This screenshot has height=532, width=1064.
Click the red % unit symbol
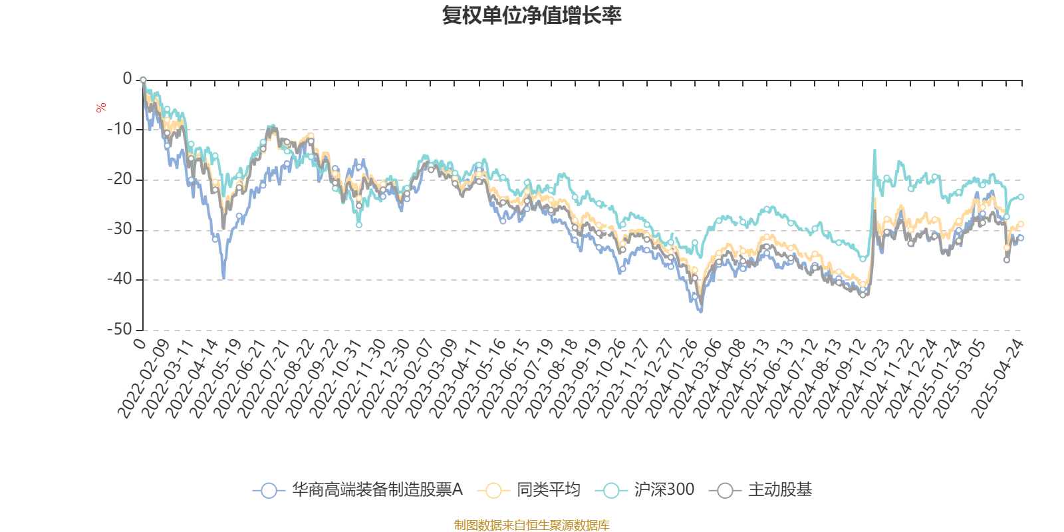101,108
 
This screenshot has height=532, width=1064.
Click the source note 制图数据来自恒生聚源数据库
531,525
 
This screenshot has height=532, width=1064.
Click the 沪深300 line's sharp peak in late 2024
874,150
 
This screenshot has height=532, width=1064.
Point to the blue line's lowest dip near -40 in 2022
223,278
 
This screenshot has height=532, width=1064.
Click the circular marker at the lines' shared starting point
143,80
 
